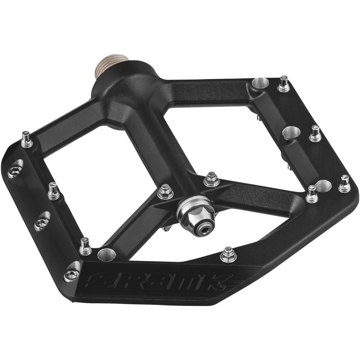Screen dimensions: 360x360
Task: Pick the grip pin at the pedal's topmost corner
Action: [x=283, y=85]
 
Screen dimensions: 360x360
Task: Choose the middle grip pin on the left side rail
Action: [x=53, y=191]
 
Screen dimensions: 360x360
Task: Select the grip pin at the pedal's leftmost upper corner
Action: [x=26, y=140]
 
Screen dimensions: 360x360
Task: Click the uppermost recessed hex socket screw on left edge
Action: [x=14, y=170]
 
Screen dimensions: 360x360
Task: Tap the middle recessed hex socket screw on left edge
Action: [x=41, y=221]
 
